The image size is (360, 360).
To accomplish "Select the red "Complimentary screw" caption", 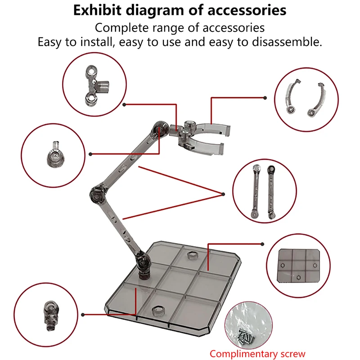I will (257, 353).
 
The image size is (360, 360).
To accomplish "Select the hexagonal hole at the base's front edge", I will (157, 310).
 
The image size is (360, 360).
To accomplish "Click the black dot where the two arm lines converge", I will (222, 194).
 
